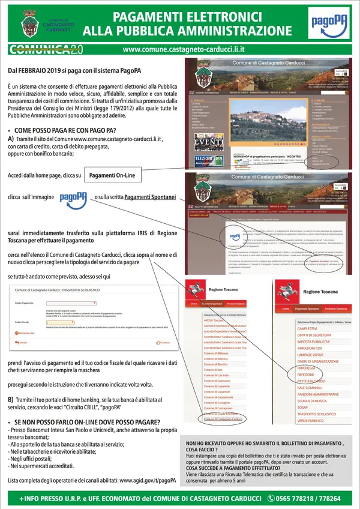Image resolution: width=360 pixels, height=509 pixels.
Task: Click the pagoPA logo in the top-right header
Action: click(325, 24)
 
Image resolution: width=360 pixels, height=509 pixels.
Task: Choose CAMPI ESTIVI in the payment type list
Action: click(308, 328)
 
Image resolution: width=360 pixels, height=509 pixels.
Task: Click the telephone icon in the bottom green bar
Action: click(271, 498)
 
